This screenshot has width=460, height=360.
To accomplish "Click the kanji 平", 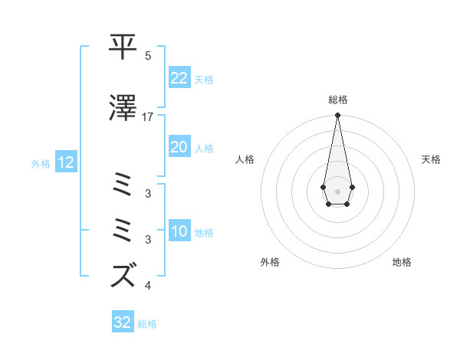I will point(123,47).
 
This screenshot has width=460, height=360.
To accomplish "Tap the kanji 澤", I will point(123,108).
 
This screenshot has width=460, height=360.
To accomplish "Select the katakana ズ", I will point(123,275).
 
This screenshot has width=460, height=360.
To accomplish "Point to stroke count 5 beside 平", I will point(148,57).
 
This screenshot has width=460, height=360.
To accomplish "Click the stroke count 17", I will point(148,117).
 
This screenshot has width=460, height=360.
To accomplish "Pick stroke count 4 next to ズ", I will point(148,286).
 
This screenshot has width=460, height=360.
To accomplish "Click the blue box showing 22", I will point(179,78).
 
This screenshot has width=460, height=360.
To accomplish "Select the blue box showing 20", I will point(179,147).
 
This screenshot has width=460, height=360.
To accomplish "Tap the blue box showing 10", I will point(179,231).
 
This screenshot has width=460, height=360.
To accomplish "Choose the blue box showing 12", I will point(65,162).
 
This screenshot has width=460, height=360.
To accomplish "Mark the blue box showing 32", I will point(123,322).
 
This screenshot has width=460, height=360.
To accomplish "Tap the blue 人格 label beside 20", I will point(204,149).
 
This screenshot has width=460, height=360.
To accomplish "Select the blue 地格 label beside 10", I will point(204,233).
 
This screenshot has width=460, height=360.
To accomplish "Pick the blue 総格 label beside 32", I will point(147,324).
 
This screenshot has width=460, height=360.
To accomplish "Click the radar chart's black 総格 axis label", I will point(337,100).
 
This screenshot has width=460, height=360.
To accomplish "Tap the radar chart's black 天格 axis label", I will point(431,159).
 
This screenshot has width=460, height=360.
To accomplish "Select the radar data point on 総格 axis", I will point(337,115).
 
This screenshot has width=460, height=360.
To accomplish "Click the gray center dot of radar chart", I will point(337,190).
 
